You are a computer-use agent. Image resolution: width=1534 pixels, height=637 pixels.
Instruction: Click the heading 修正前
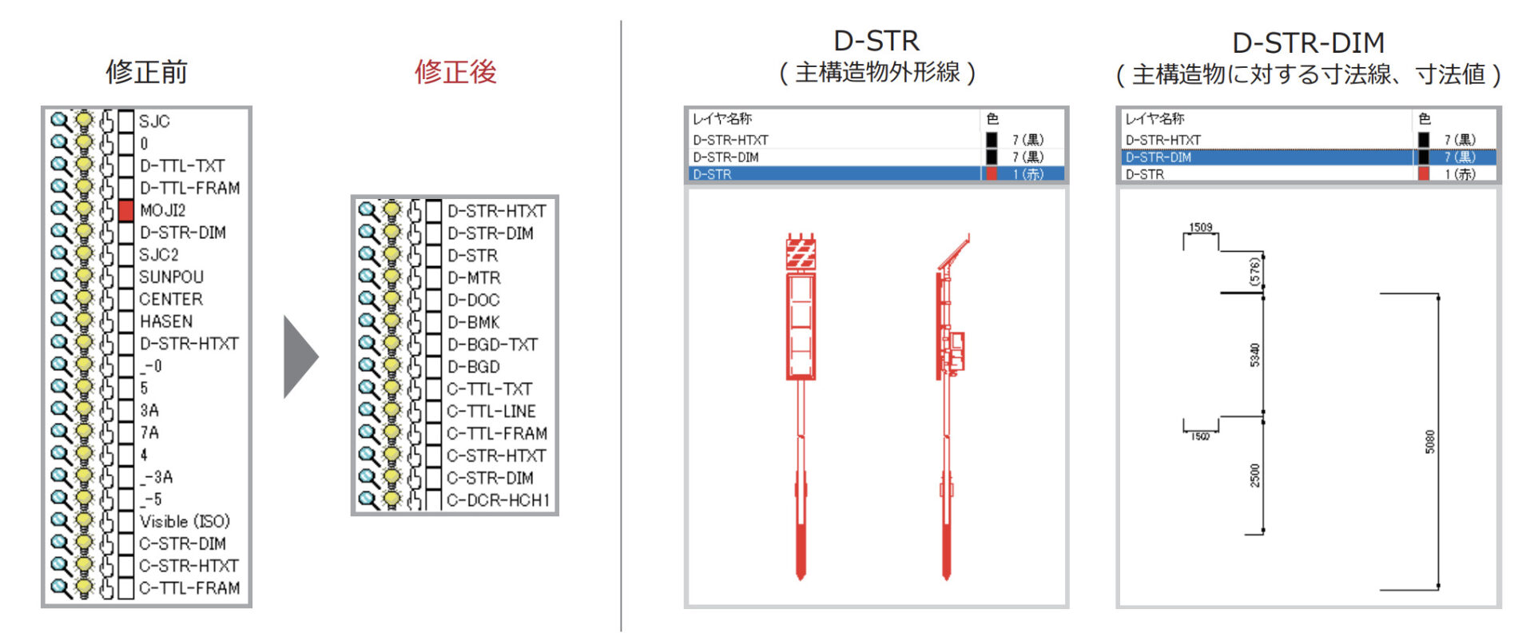click(146, 72)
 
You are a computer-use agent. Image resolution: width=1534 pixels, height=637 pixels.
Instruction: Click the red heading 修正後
click(455, 72)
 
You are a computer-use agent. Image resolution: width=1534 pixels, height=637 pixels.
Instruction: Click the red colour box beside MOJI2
click(126, 210)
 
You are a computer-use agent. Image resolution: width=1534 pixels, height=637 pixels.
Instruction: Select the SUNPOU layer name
click(171, 277)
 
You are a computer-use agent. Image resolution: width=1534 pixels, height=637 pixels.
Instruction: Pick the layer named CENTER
click(171, 299)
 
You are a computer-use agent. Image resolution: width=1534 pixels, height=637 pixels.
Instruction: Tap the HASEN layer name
click(166, 321)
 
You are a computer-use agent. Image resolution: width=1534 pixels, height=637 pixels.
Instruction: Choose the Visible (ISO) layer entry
click(185, 521)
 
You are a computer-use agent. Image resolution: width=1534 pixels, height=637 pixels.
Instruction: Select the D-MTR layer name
click(474, 277)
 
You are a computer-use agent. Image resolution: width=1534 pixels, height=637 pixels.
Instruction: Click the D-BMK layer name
click(473, 322)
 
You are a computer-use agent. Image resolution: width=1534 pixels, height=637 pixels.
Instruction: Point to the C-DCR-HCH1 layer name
click(498, 500)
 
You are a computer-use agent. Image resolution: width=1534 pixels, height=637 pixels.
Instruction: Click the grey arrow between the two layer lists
click(301, 356)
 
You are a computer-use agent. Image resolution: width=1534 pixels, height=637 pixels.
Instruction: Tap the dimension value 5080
click(1430, 442)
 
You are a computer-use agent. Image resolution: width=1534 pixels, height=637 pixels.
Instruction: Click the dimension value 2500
click(1254, 475)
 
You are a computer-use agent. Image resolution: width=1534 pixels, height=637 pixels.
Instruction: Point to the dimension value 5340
click(1254, 355)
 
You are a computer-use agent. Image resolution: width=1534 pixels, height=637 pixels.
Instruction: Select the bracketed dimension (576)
click(1254, 271)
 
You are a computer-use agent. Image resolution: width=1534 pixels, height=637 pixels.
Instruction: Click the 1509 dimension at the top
click(1201, 227)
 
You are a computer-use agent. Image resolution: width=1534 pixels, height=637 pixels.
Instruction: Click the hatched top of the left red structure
click(801, 253)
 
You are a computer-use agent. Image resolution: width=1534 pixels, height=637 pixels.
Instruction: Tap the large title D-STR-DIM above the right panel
click(1308, 42)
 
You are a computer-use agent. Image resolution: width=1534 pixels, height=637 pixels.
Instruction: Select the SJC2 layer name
click(159, 254)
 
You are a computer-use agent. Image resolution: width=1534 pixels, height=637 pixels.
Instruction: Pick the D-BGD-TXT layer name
click(492, 344)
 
